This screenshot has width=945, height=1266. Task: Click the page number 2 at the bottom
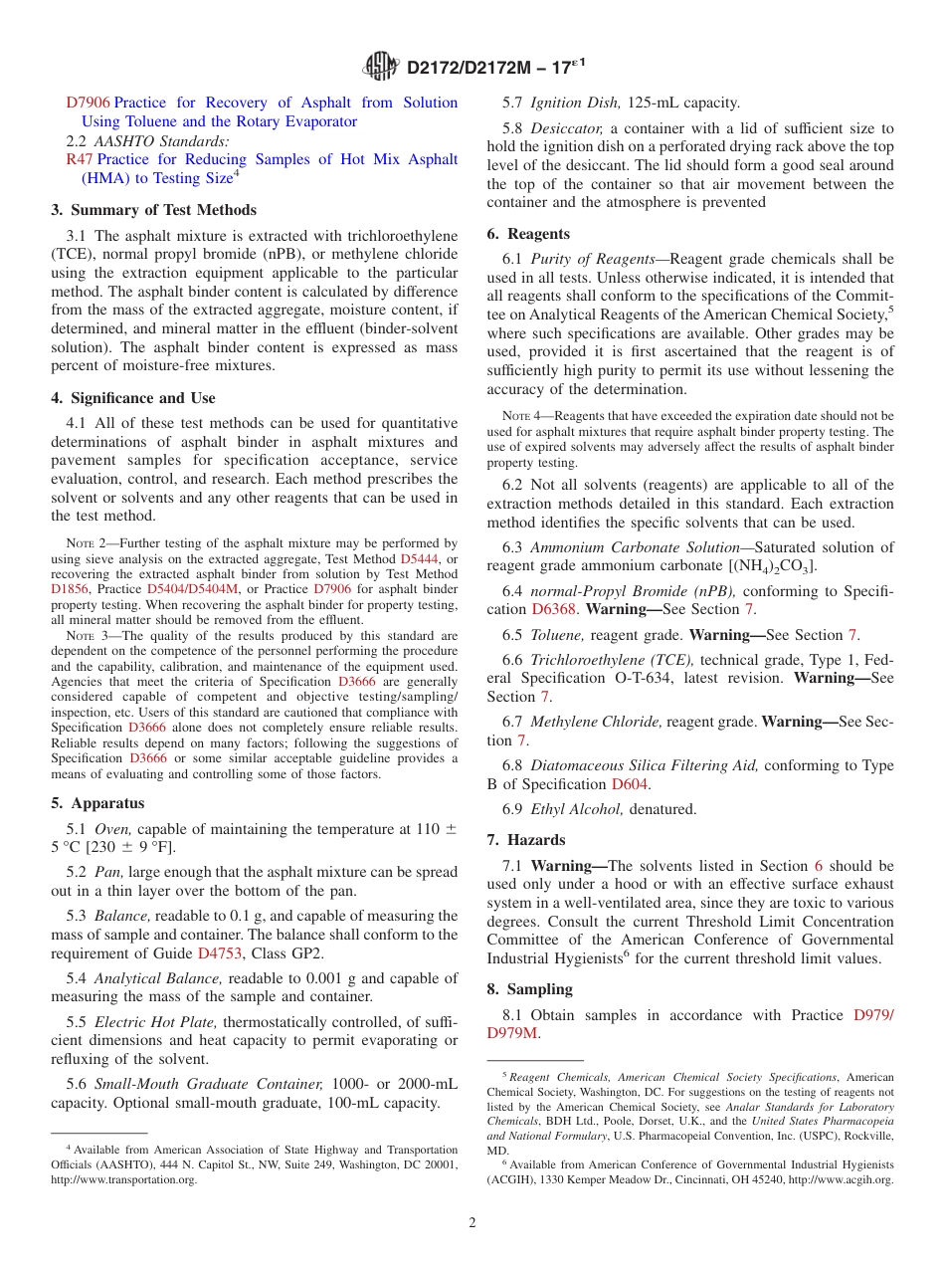472,1222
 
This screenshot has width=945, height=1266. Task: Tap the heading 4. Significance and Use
133,398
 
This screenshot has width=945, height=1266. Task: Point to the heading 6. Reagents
528,234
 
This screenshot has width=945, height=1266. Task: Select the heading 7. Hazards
526,840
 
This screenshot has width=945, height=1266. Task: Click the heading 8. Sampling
529,989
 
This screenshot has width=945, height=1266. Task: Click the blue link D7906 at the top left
88,103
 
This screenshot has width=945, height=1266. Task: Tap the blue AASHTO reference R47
80,159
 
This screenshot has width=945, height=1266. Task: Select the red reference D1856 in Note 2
69,589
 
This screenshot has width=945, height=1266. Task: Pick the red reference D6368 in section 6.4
554,609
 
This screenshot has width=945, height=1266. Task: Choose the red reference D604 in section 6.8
630,784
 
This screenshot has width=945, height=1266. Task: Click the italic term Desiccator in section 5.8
567,128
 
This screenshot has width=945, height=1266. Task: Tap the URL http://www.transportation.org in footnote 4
124,1179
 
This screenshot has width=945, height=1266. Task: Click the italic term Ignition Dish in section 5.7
576,103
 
